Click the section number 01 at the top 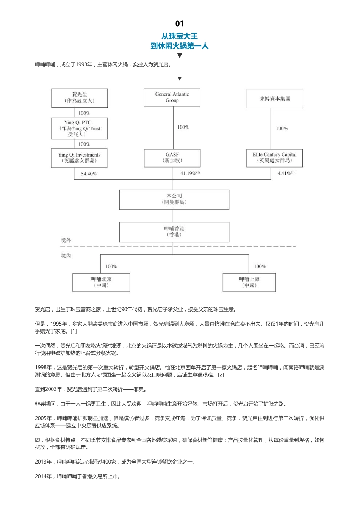coord(180,23)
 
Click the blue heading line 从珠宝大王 coord(180,36)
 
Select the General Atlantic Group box coord(172,97)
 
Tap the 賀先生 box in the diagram coord(80,98)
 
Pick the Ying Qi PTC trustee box coord(80,128)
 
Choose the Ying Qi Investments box coord(80,158)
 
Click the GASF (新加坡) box coord(172,158)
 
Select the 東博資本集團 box coord(275,99)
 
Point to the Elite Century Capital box coord(275,158)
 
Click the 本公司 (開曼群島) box coord(174,199)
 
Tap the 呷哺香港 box coord(174,232)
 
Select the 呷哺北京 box coord(101,282)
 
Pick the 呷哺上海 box coord(249,282)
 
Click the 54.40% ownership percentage coord(89,174)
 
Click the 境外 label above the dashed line coord(66,240)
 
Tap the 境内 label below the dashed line coord(66,256)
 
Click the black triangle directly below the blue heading coord(180,56)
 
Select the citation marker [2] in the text coord(221,375)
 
